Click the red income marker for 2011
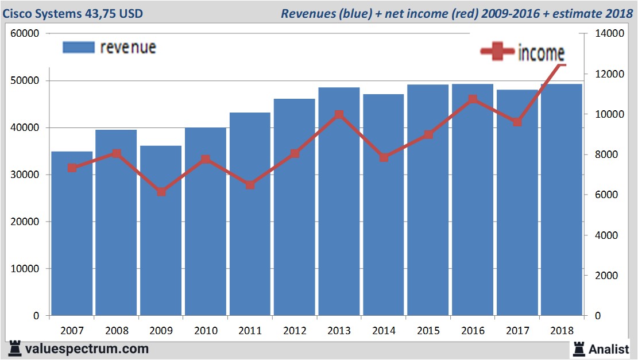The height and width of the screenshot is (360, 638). [x=250, y=185]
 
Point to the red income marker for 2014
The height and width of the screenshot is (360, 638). [x=384, y=157]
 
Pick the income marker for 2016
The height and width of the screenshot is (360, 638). [x=473, y=99]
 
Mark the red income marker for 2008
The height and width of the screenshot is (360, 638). [x=117, y=153]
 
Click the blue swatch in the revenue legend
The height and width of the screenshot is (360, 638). [x=78, y=48]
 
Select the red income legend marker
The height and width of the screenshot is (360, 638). [x=497, y=52]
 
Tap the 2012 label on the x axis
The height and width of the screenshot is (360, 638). [x=295, y=331]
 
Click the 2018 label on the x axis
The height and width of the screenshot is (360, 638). [x=562, y=331]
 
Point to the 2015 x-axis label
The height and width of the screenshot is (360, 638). [x=428, y=331]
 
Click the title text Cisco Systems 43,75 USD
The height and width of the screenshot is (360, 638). [x=73, y=13]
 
